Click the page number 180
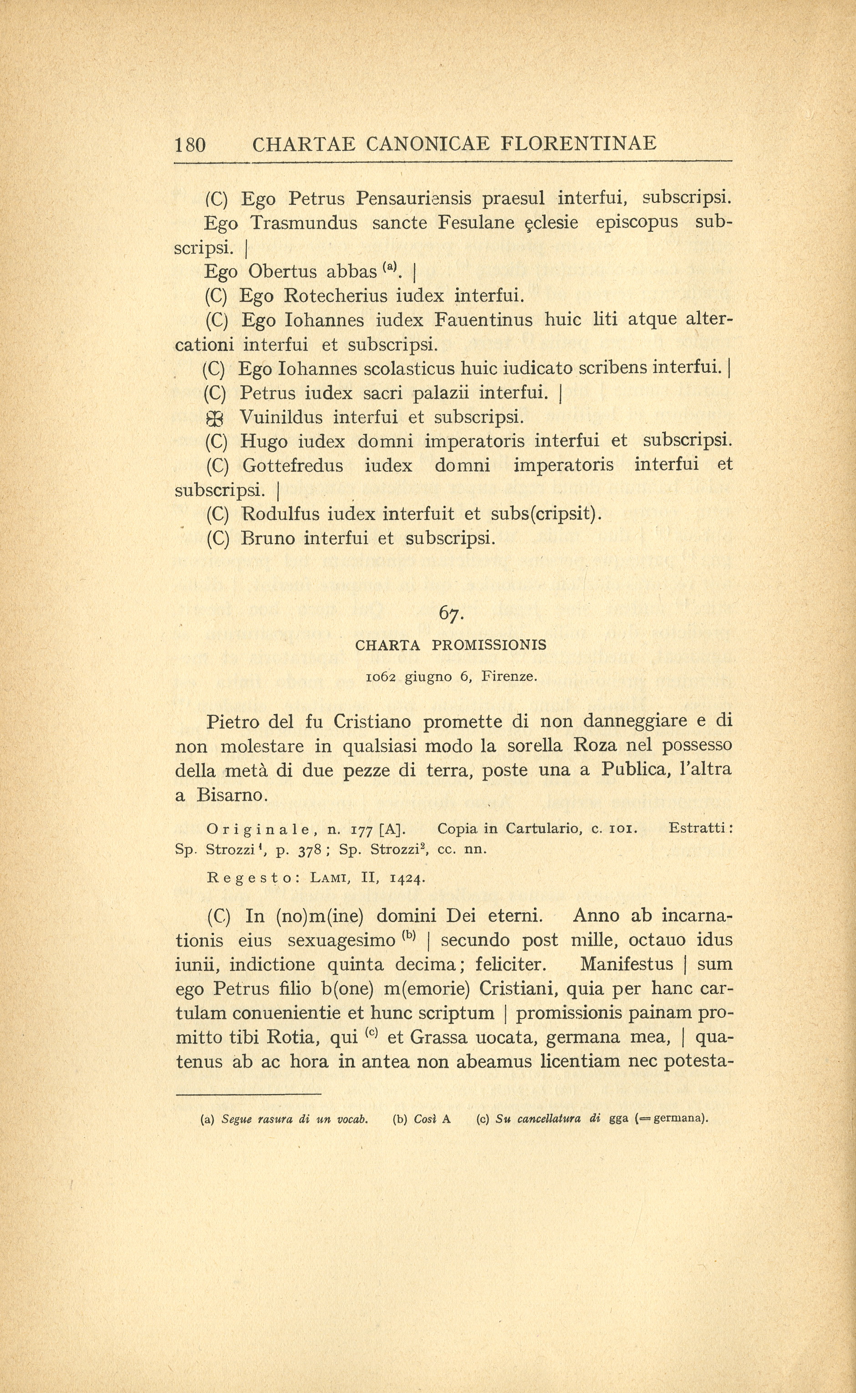[190, 145]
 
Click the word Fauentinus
[483, 320]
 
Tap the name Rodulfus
[281, 514]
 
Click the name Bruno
[268, 538]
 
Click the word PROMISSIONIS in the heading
[489, 645]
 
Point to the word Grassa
[439, 1037]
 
